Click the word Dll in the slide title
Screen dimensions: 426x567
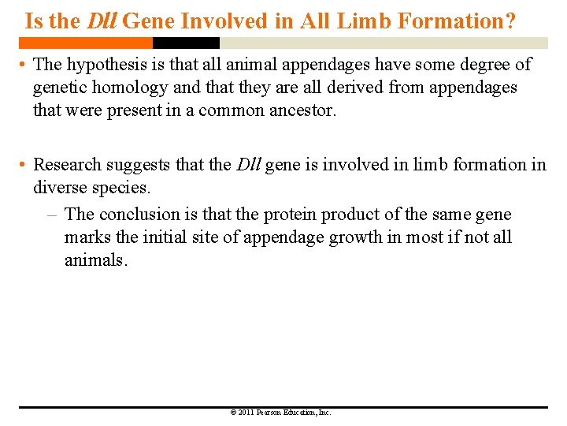click(102, 21)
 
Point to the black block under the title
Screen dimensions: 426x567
click(186, 43)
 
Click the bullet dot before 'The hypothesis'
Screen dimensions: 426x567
click(24, 65)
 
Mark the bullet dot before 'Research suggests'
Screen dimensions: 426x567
click(24, 165)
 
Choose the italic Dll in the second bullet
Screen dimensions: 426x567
click(249, 165)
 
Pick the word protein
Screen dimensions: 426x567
click(290, 215)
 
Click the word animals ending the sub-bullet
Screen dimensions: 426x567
click(94, 260)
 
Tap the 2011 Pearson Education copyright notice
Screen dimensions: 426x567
click(280, 413)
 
